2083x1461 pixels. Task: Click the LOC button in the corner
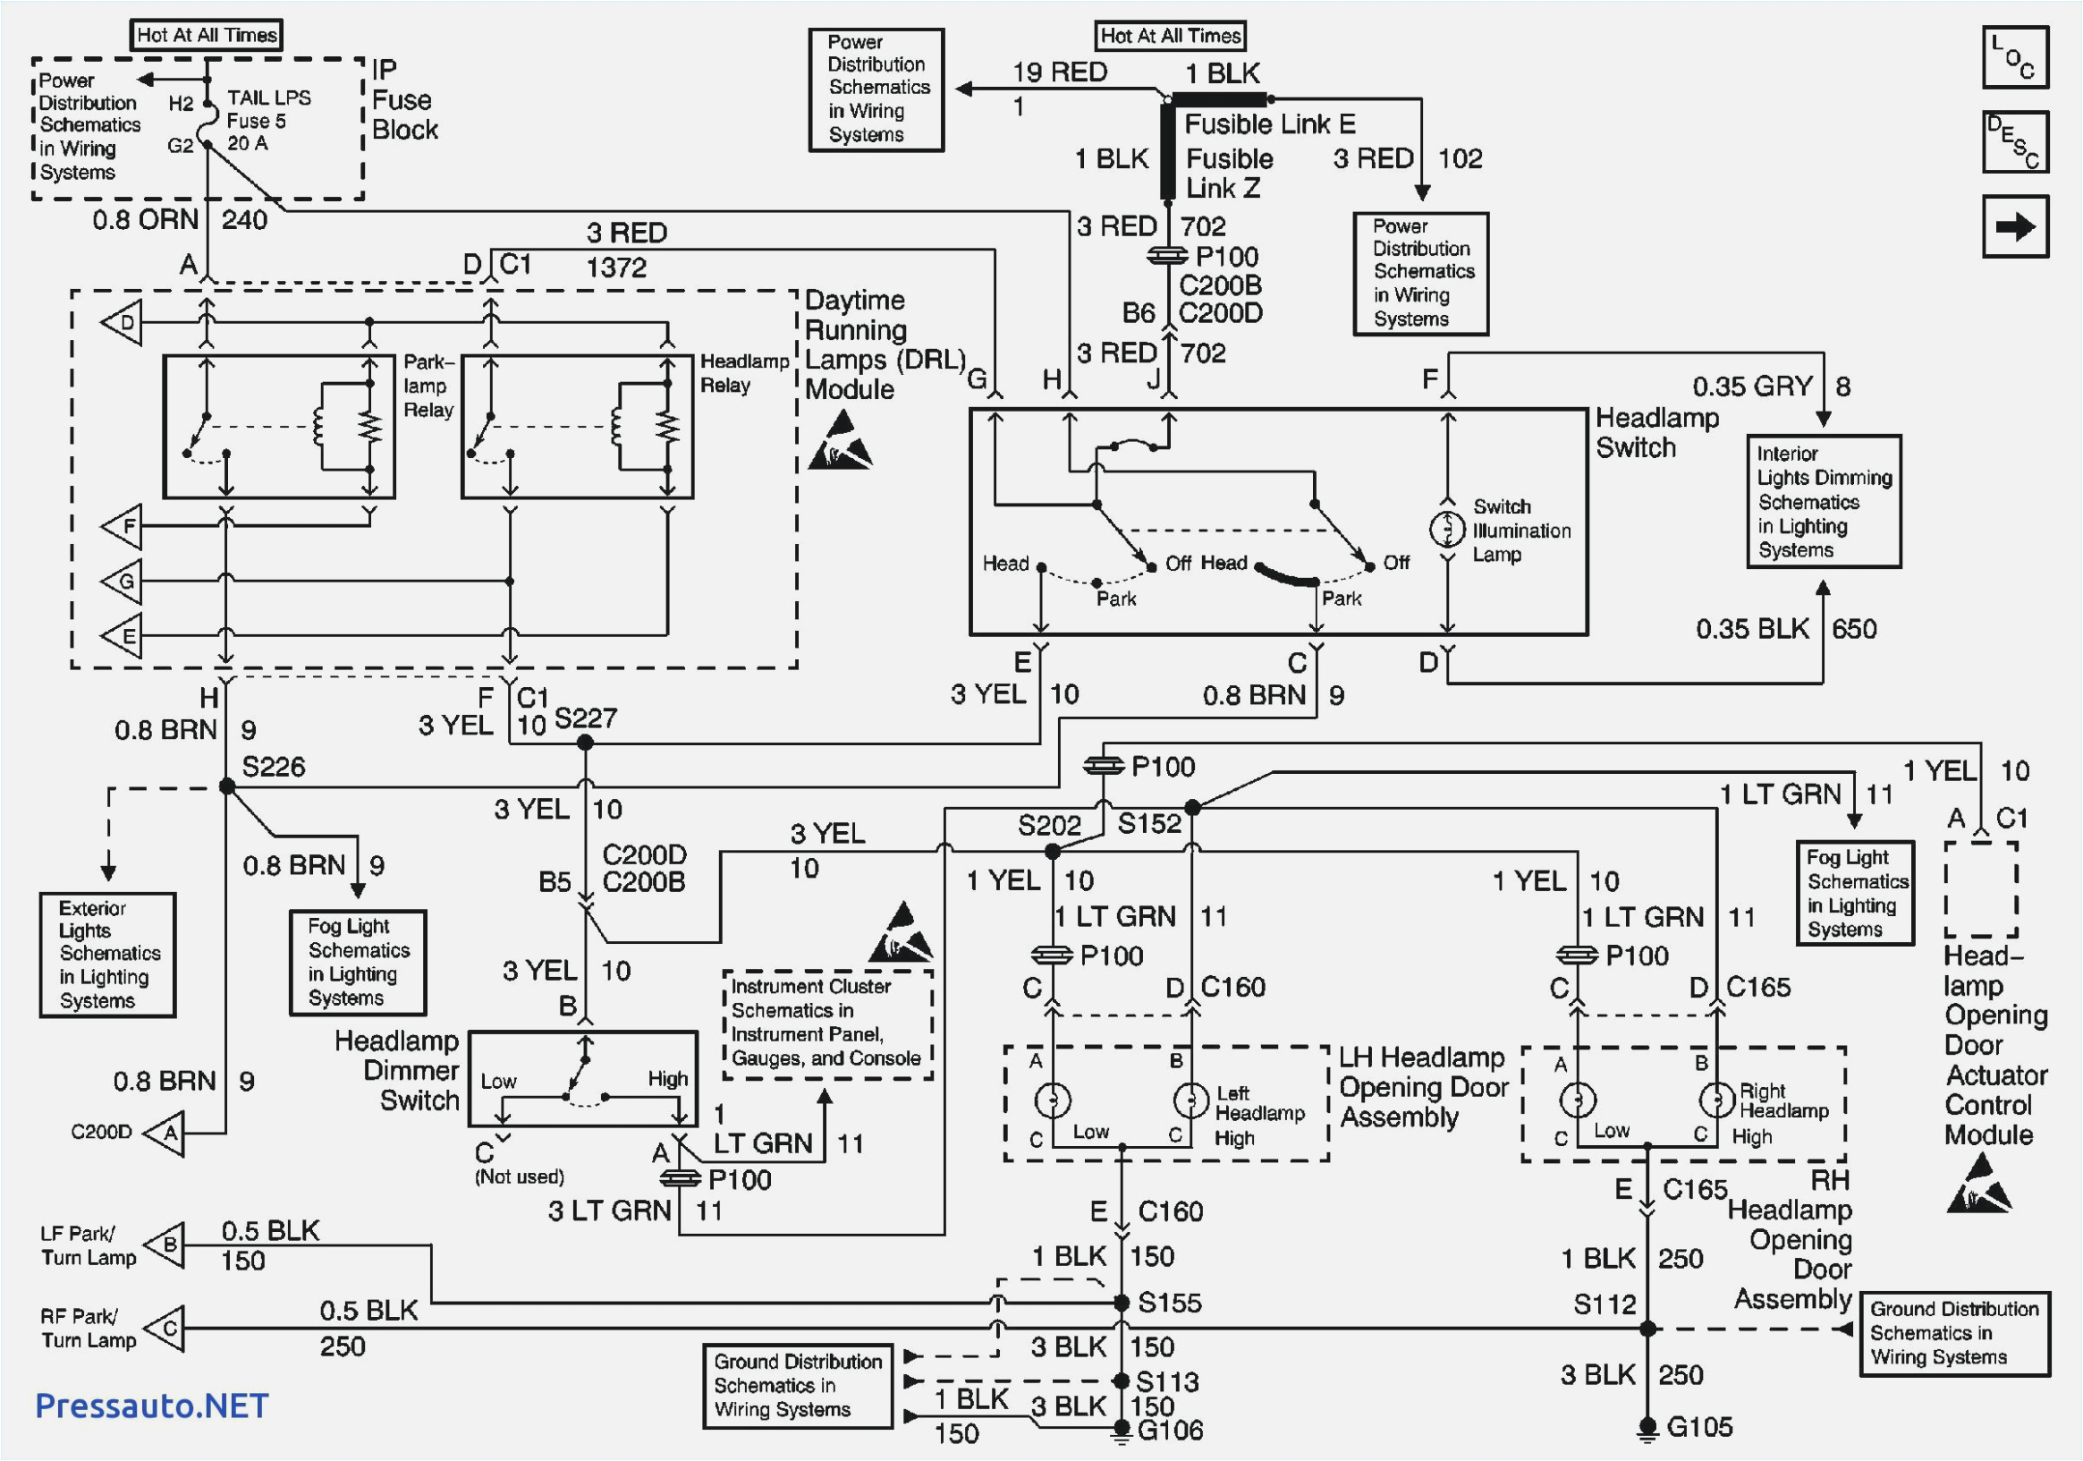coord(2015,57)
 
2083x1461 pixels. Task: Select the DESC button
coord(2015,142)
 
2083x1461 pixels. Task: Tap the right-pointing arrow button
coord(2015,227)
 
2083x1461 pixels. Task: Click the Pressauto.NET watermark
coord(151,1406)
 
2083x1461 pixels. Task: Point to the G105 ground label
coord(1699,1426)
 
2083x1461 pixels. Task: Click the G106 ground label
coord(1170,1431)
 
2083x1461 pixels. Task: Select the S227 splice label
coord(585,718)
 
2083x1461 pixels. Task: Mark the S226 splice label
coord(273,767)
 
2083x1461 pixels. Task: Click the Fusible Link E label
coord(1269,123)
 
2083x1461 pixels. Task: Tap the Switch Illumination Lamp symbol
coord(1447,529)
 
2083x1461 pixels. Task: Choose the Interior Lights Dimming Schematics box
coord(1824,502)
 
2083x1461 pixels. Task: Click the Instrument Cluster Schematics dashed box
coord(827,1023)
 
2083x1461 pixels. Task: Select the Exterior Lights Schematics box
coord(107,955)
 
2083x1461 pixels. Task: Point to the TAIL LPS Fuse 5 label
coord(267,121)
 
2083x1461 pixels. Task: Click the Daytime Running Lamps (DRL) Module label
coord(885,344)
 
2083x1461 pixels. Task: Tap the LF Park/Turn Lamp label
coord(88,1245)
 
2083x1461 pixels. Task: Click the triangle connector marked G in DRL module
coord(123,581)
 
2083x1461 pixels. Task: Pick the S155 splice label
coord(1170,1304)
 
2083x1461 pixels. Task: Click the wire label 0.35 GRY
coord(1752,386)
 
